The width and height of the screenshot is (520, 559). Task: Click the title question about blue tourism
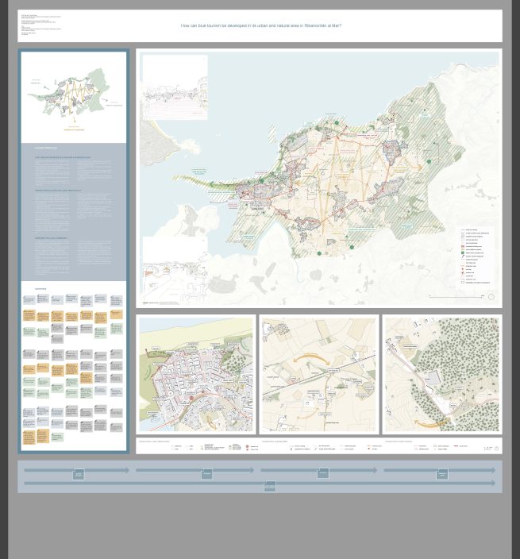tap(260, 25)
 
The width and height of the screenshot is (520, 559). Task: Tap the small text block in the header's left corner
tap(40, 25)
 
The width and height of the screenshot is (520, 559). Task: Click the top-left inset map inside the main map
tap(175, 87)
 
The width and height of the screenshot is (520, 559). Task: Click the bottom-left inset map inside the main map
tap(175, 270)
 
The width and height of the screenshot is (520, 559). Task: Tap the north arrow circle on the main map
tap(491, 297)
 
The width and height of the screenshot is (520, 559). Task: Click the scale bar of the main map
tap(456, 297)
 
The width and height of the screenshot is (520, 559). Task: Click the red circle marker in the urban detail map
tap(191, 398)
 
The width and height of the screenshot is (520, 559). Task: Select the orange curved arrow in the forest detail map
tap(433, 423)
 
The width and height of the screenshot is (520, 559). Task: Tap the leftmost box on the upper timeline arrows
tap(79, 474)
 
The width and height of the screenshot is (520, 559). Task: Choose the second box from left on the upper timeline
tap(206, 474)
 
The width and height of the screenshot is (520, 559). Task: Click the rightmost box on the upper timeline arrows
tap(442, 474)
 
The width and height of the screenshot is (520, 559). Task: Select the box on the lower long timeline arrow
tap(270, 486)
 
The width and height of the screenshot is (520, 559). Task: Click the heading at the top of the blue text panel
tap(45, 148)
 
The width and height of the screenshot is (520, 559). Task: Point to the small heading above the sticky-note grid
tap(40, 289)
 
